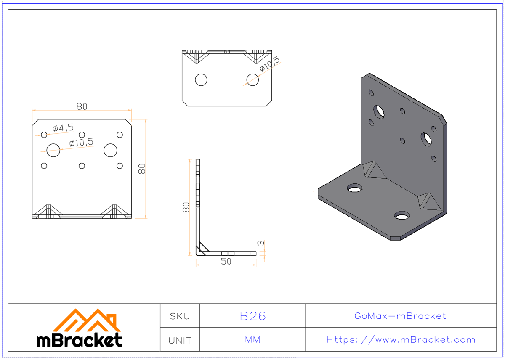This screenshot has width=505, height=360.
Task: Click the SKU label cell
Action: click(x=180, y=316)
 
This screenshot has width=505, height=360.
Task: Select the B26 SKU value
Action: click(x=252, y=316)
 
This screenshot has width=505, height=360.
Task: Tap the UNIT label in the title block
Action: click(x=180, y=340)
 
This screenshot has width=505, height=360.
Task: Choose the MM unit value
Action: click(x=252, y=340)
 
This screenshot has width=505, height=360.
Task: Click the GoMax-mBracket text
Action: click(x=400, y=316)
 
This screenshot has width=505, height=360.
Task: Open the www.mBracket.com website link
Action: click(x=401, y=340)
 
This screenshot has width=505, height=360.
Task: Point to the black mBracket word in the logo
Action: click(x=80, y=340)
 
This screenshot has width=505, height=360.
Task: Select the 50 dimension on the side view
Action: click(x=226, y=261)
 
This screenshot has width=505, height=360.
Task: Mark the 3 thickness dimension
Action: click(x=261, y=243)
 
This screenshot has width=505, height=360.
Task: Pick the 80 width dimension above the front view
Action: click(x=82, y=106)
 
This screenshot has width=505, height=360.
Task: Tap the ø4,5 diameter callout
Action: click(x=63, y=127)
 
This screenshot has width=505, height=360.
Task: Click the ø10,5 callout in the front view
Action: click(x=81, y=143)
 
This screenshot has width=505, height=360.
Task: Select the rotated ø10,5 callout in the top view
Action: click(x=269, y=64)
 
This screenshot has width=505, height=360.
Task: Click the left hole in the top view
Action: click(x=201, y=79)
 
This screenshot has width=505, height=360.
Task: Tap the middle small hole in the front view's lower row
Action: click(x=82, y=166)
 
